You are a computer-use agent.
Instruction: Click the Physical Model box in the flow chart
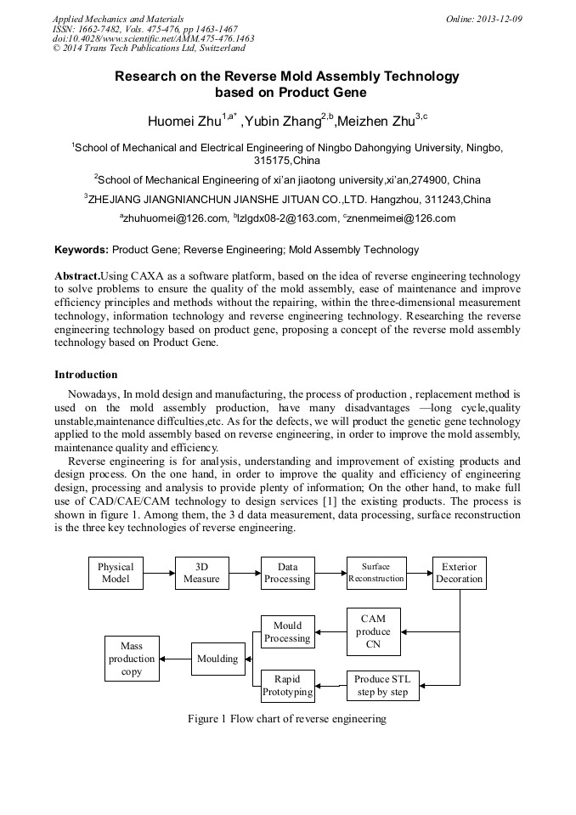click(116, 573)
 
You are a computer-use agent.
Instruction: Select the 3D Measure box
click(202, 573)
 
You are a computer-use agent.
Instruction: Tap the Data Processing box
click(287, 573)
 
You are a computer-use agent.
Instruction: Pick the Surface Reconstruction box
click(376, 573)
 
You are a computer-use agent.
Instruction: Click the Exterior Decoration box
click(459, 573)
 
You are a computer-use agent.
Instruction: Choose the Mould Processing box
click(287, 631)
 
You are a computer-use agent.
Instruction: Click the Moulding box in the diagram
click(217, 659)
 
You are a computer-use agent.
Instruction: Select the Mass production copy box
click(132, 659)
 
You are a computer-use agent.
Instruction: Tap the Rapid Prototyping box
click(287, 685)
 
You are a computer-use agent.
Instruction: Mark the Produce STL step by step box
click(382, 685)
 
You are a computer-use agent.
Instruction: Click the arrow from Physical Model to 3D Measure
click(159, 573)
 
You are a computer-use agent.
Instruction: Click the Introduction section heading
click(86, 374)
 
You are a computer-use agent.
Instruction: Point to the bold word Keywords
click(82, 250)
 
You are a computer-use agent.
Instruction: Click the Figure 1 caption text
click(287, 718)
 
